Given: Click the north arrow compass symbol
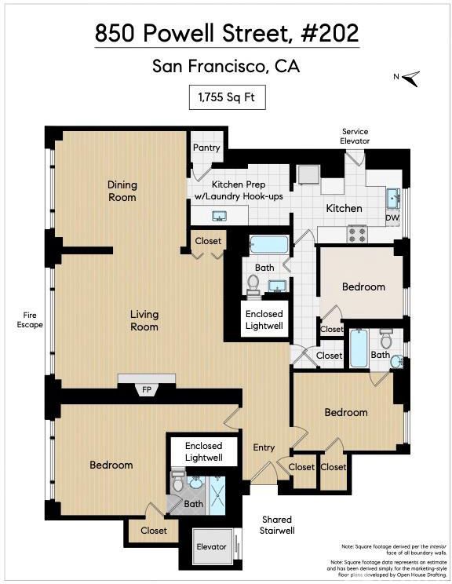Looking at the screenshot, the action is (x=410, y=78).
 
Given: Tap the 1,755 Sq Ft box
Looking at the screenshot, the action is (x=227, y=97).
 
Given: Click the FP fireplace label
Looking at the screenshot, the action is (x=147, y=389).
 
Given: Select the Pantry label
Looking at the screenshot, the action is (x=206, y=148).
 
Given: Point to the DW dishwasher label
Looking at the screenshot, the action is (x=392, y=218).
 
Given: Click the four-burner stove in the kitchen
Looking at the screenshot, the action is (x=357, y=234).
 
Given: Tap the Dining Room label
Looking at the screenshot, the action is (x=122, y=191).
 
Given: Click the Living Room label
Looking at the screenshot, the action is (x=144, y=320).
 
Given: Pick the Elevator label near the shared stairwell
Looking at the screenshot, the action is (x=211, y=546).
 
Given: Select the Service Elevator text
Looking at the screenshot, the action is (x=355, y=137).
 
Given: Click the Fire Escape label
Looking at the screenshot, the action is (x=30, y=320).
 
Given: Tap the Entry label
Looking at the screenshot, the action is (x=264, y=447).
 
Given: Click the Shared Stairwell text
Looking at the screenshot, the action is (x=277, y=525).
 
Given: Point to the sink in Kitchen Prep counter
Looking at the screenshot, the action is (x=219, y=216).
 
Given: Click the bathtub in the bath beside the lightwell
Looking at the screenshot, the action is (x=269, y=245).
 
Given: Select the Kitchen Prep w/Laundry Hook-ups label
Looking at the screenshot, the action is (x=239, y=190).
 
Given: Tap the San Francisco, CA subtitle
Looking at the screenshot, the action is (x=226, y=66).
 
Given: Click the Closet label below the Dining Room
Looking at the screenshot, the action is (x=208, y=241).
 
